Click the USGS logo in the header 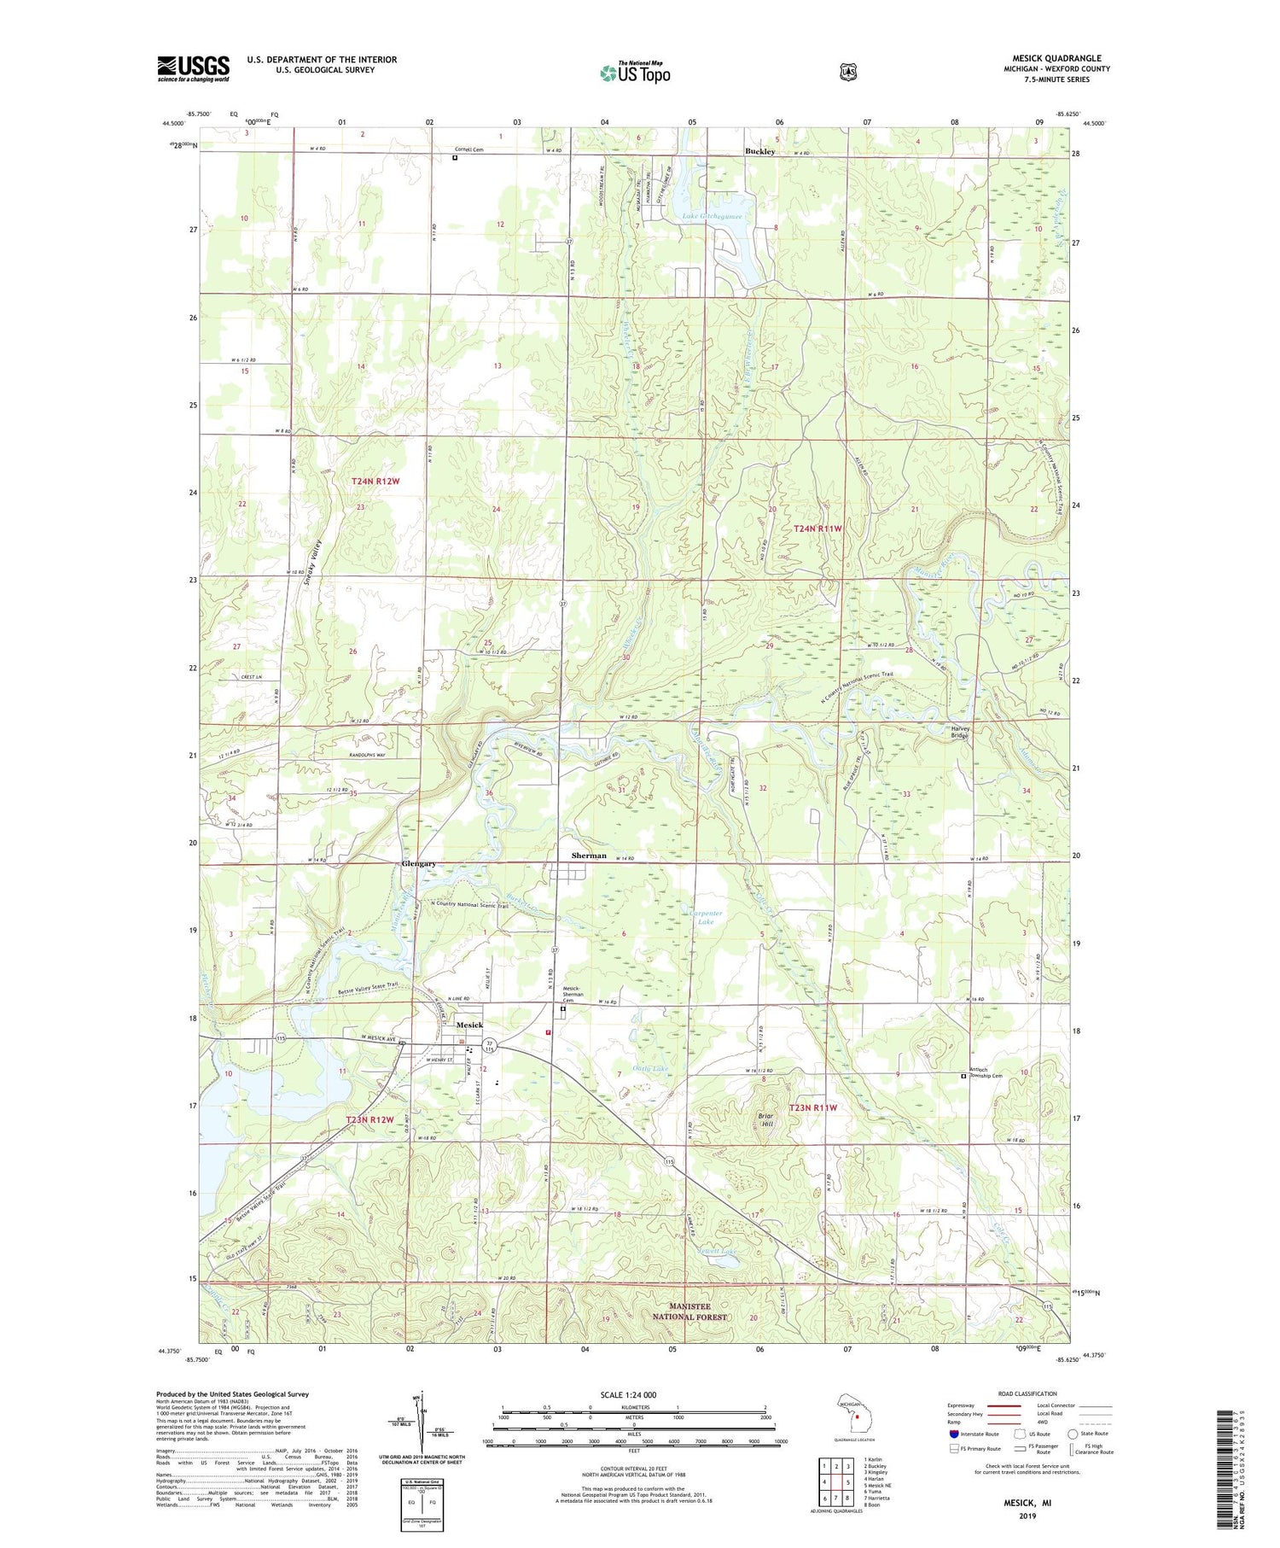click(193, 68)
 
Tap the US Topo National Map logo click(635, 73)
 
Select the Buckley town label click(759, 151)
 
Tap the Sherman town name click(589, 856)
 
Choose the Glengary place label click(419, 863)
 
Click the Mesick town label click(469, 1025)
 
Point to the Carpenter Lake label click(707, 918)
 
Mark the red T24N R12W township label click(375, 482)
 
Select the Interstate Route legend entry click(973, 1434)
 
